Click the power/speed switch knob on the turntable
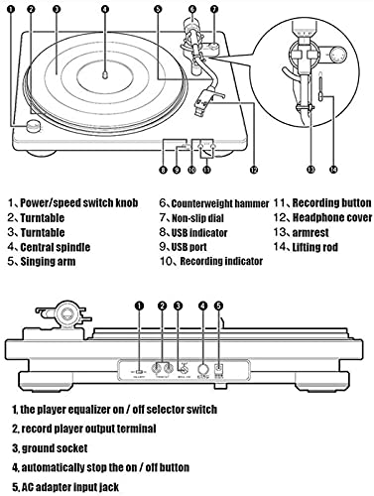coord(34,126)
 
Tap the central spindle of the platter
coord(105,74)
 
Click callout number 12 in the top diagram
coord(254,170)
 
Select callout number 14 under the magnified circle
coord(333,170)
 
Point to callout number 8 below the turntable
coord(163,170)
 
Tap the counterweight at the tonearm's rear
coord(191,26)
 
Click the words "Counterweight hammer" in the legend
coord(220,203)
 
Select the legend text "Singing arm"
coord(48,262)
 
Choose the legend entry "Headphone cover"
coord(332,218)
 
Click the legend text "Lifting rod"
coord(315,247)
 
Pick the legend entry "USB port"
coord(188,247)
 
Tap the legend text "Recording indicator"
coord(221,262)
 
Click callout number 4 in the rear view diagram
coord(203,306)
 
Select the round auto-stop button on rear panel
coord(203,369)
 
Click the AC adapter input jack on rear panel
coord(218,368)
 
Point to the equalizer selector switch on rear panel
coord(140,371)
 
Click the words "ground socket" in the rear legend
coord(55,448)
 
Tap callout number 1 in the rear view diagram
coord(140,306)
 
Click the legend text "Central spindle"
coord(56,247)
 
